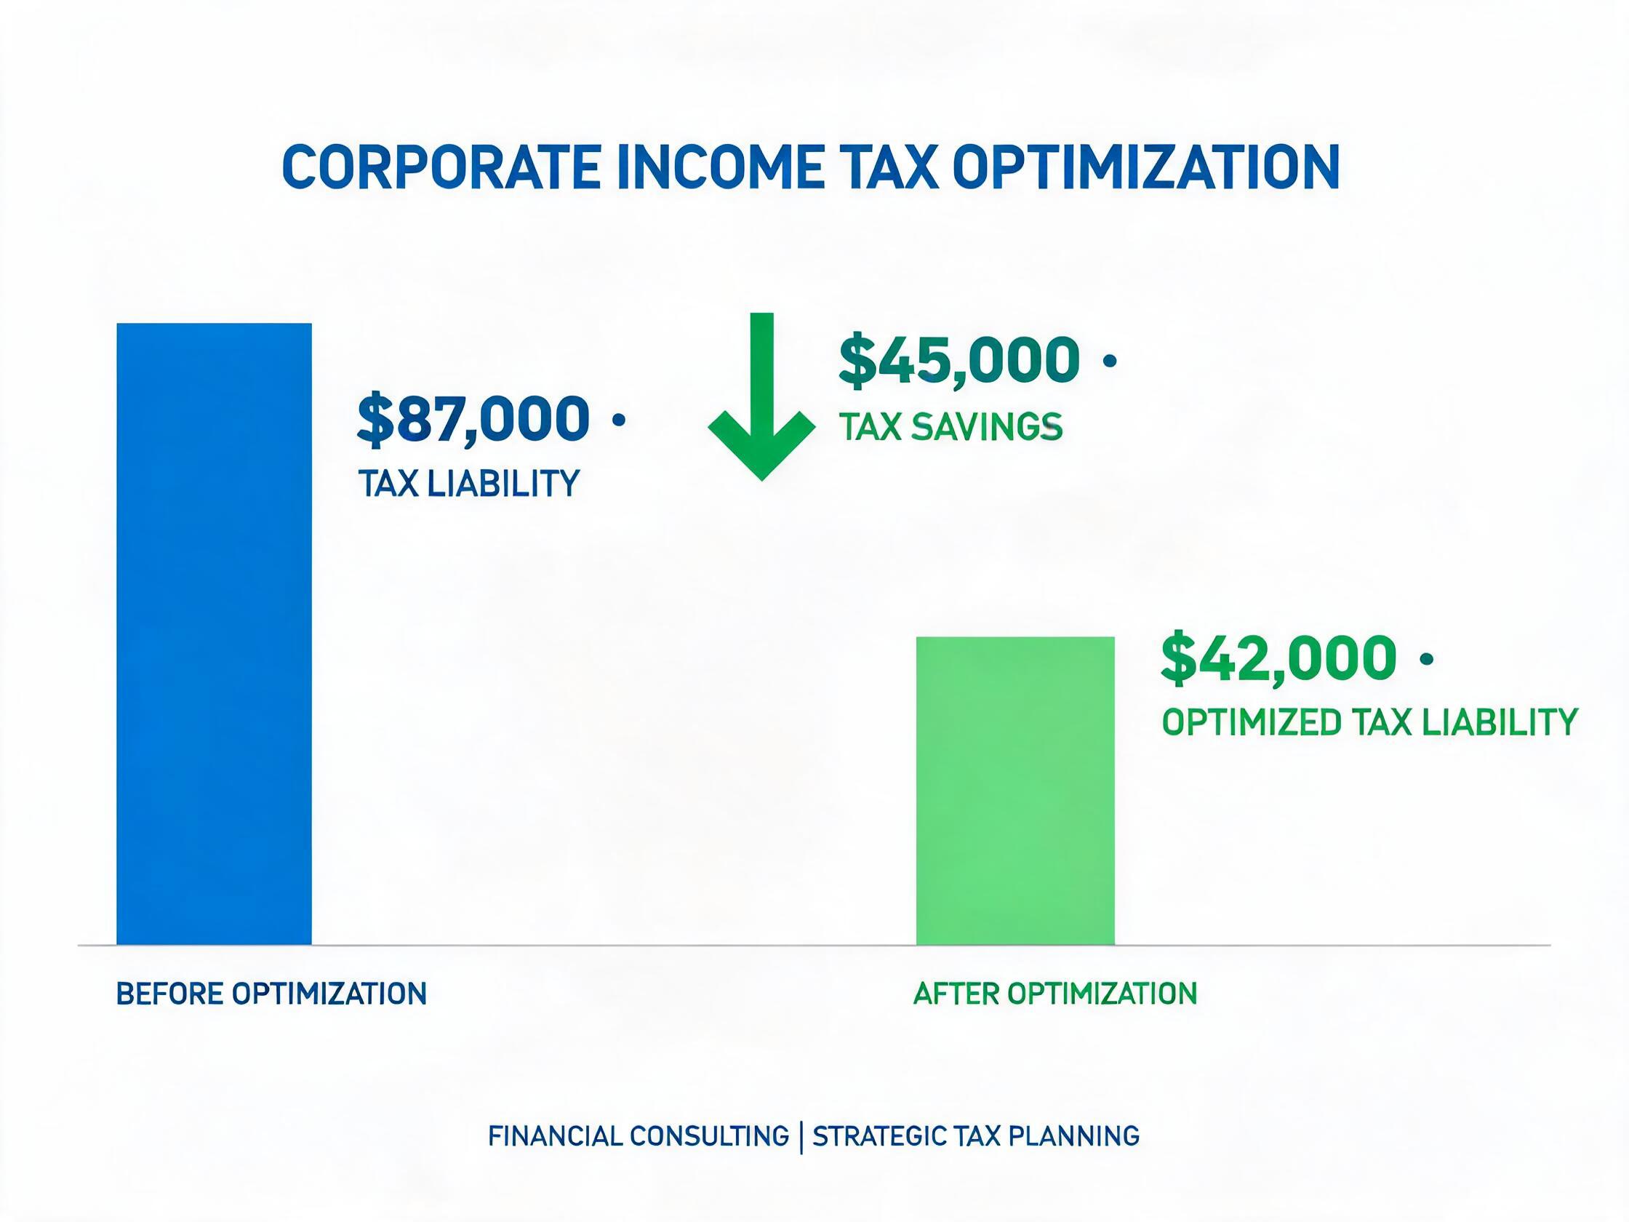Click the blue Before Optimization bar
coord(215,634)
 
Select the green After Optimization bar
coord(1014,791)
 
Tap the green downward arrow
coord(761,396)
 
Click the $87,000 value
coord(473,420)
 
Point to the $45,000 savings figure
coord(959,362)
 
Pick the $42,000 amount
coord(1278,658)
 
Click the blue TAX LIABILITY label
coord(469,484)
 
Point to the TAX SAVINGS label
coord(950,426)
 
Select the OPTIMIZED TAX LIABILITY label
coord(1370,722)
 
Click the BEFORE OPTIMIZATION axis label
coord(272,994)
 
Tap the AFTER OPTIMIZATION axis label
coord(1055,994)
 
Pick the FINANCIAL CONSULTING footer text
coord(639,1136)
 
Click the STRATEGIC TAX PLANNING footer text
coord(977,1136)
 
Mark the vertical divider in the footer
coord(801,1137)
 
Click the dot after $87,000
coord(619,420)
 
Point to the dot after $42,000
coord(1426,658)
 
